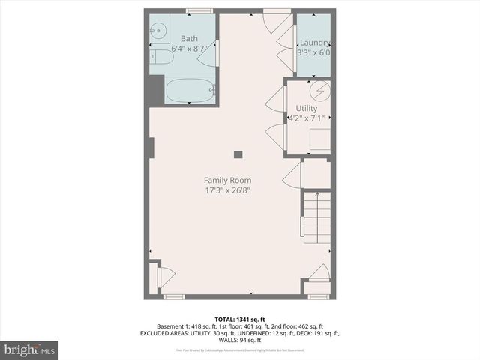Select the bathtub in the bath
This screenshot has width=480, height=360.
click(190, 91)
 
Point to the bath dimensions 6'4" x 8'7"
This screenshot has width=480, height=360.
click(188, 49)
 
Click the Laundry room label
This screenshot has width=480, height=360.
click(316, 43)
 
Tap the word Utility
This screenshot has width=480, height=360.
click(307, 109)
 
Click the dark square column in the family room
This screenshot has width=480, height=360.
click(238, 154)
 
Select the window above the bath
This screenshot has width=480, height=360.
click(199, 10)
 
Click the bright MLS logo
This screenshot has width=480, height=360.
click(29, 349)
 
